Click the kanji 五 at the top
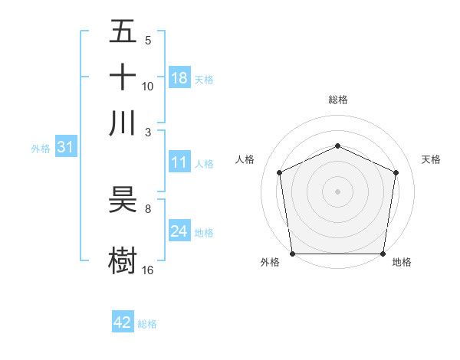click(x=123, y=31)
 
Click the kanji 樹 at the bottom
click(x=123, y=258)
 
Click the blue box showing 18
click(x=179, y=78)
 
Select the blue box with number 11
click(x=179, y=162)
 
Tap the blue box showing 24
click(x=179, y=231)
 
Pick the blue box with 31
click(x=65, y=147)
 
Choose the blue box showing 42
click(x=123, y=322)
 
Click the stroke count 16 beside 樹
click(x=148, y=270)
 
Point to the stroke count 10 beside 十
click(x=148, y=86)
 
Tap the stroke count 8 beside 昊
click(x=148, y=208)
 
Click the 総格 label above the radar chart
click(x=338, y=100)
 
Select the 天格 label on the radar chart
click(x=432, y=160)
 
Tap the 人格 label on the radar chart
click(x=245, y=160)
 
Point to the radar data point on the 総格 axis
click(x=338, y=146)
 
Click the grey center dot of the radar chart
click(x=338, y=191)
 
